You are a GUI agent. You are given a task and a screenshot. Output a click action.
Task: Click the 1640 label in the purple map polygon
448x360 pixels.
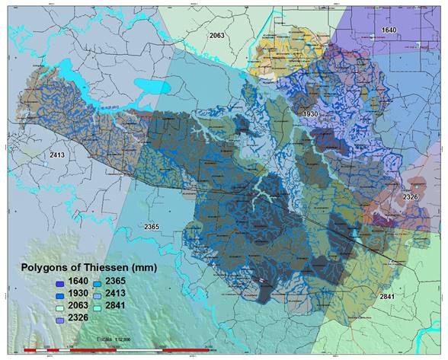[388, 29]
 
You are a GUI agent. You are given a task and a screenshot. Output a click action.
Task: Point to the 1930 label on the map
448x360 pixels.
[309, 113]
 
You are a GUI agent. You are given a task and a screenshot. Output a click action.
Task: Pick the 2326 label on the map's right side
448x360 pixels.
[411, 196]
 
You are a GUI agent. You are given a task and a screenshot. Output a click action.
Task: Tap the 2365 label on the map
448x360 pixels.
[152, 227]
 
